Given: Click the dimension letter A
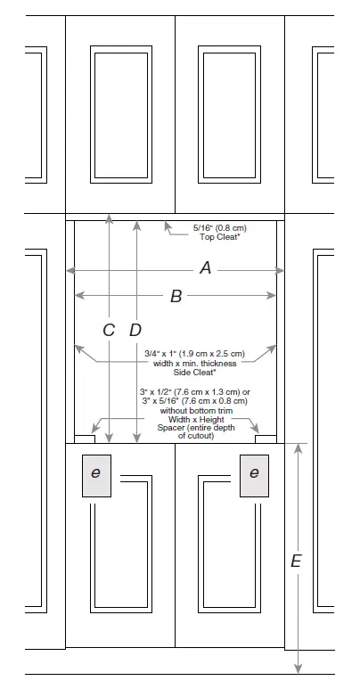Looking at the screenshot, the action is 205,267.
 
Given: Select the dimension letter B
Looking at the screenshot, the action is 176,297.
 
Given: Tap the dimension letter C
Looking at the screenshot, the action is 109,330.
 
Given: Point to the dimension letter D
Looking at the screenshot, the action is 135,330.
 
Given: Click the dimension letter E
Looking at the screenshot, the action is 296,562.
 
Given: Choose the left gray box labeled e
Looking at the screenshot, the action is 96,476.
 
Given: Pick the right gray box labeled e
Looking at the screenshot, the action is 254,476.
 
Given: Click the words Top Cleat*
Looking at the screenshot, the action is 220,237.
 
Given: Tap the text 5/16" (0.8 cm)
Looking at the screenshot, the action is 220,228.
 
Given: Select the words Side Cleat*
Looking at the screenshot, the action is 195,373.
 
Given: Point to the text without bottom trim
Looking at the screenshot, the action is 196,410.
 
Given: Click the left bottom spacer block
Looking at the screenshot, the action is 85,439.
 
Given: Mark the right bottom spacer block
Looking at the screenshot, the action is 266,439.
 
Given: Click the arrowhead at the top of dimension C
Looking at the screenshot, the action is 109,218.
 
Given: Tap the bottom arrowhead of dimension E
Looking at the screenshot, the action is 298,668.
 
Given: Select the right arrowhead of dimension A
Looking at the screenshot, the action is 280,271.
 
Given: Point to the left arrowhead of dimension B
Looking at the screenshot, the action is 79,296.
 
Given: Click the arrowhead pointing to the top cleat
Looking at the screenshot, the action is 167,226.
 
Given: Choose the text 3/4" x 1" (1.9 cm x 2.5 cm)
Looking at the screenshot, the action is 195,354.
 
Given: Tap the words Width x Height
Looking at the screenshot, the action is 196,419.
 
